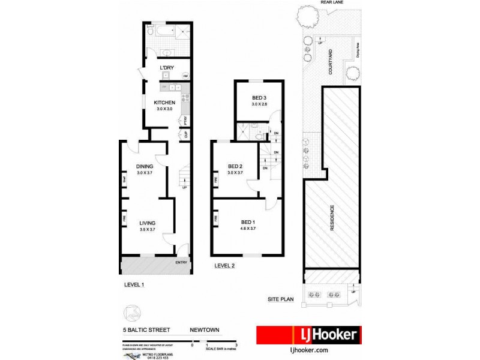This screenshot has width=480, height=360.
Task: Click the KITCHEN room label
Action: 164,103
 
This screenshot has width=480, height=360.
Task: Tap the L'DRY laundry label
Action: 166,68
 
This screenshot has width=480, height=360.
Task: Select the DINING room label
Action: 145,166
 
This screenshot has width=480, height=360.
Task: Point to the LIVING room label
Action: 147,223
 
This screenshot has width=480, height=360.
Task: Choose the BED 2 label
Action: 235,166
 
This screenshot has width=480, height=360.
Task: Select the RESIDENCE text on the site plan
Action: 331,219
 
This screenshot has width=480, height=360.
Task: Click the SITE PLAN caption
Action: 280,298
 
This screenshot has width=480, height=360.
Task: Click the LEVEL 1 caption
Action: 134,284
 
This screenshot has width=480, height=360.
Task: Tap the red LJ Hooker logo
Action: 308,335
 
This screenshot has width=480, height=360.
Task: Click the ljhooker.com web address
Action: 308,350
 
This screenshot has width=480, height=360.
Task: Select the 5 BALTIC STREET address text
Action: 146,329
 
